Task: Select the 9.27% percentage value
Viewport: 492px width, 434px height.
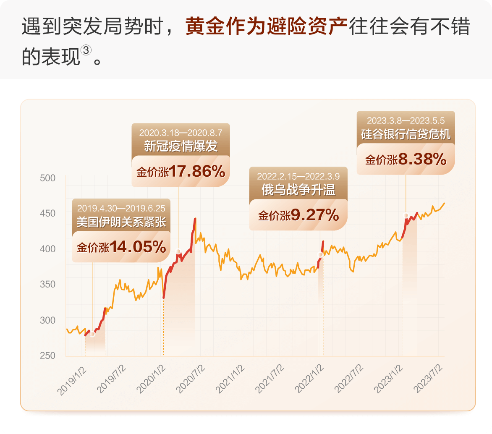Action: (x=315, y=215)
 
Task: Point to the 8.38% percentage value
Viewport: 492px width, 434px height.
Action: (x=422, y=159)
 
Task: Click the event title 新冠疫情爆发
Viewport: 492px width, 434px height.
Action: (x=181, y=146)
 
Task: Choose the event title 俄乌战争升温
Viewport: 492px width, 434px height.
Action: (x=298, y=190)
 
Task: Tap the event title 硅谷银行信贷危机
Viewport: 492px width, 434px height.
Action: (x=406, y=134)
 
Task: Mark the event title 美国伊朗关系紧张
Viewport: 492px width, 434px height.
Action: (x=121, y=222)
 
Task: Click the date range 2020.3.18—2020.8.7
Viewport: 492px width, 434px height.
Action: (x=181, y=132)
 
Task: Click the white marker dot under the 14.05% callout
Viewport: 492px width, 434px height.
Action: (x=92, y=334)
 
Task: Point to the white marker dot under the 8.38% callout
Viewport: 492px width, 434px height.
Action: (x=406, y=215)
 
